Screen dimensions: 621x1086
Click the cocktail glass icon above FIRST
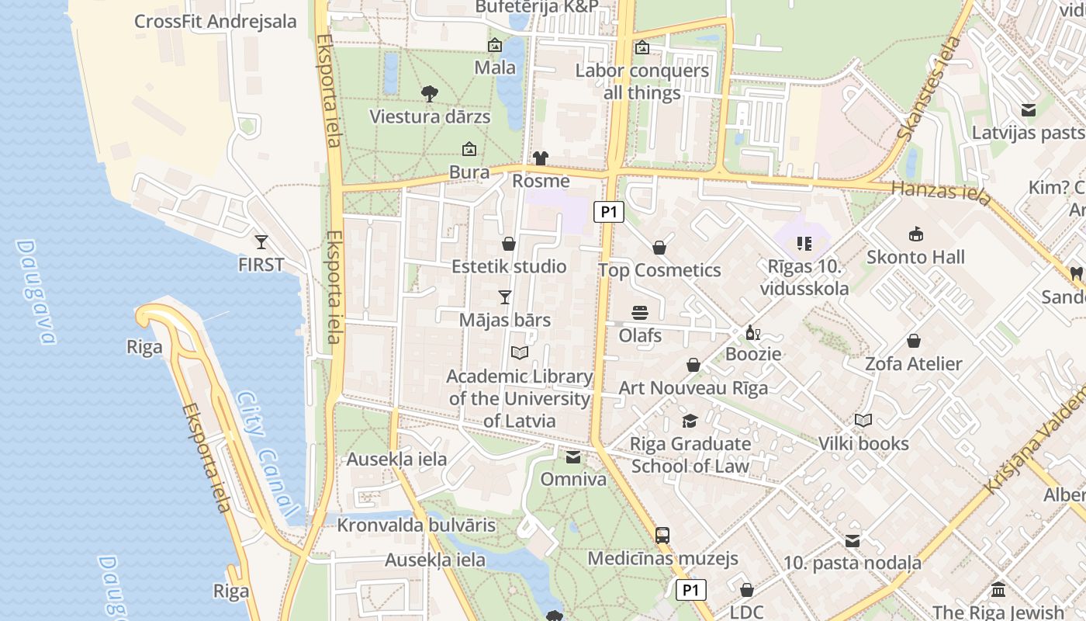point(261,242)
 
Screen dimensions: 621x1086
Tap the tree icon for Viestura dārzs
point(429,94)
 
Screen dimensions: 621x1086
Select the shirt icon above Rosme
point(541,158)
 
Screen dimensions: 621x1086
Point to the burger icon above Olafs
point(640,313)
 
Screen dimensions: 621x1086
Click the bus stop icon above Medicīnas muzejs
point(662,535)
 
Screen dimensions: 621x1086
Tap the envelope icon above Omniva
point(572,457)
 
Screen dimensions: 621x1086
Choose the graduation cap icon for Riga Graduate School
point(690,421)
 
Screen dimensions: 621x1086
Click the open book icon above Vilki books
point(863,421)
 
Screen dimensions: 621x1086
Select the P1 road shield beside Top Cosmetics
point(609,211)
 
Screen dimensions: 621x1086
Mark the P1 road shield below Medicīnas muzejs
point(690,591)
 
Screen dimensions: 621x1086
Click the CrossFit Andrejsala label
point(216,21)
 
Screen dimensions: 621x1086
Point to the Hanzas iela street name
point(941,192)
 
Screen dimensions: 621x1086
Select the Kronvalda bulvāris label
point(416,525)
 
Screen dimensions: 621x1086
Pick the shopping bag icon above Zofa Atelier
point(914,341)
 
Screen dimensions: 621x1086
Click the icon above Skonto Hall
point(915,234)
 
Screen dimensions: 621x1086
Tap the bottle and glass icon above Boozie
point(752,332)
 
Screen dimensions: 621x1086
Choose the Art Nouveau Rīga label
point(693,387)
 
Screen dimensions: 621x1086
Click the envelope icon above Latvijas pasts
point(1029,110)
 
